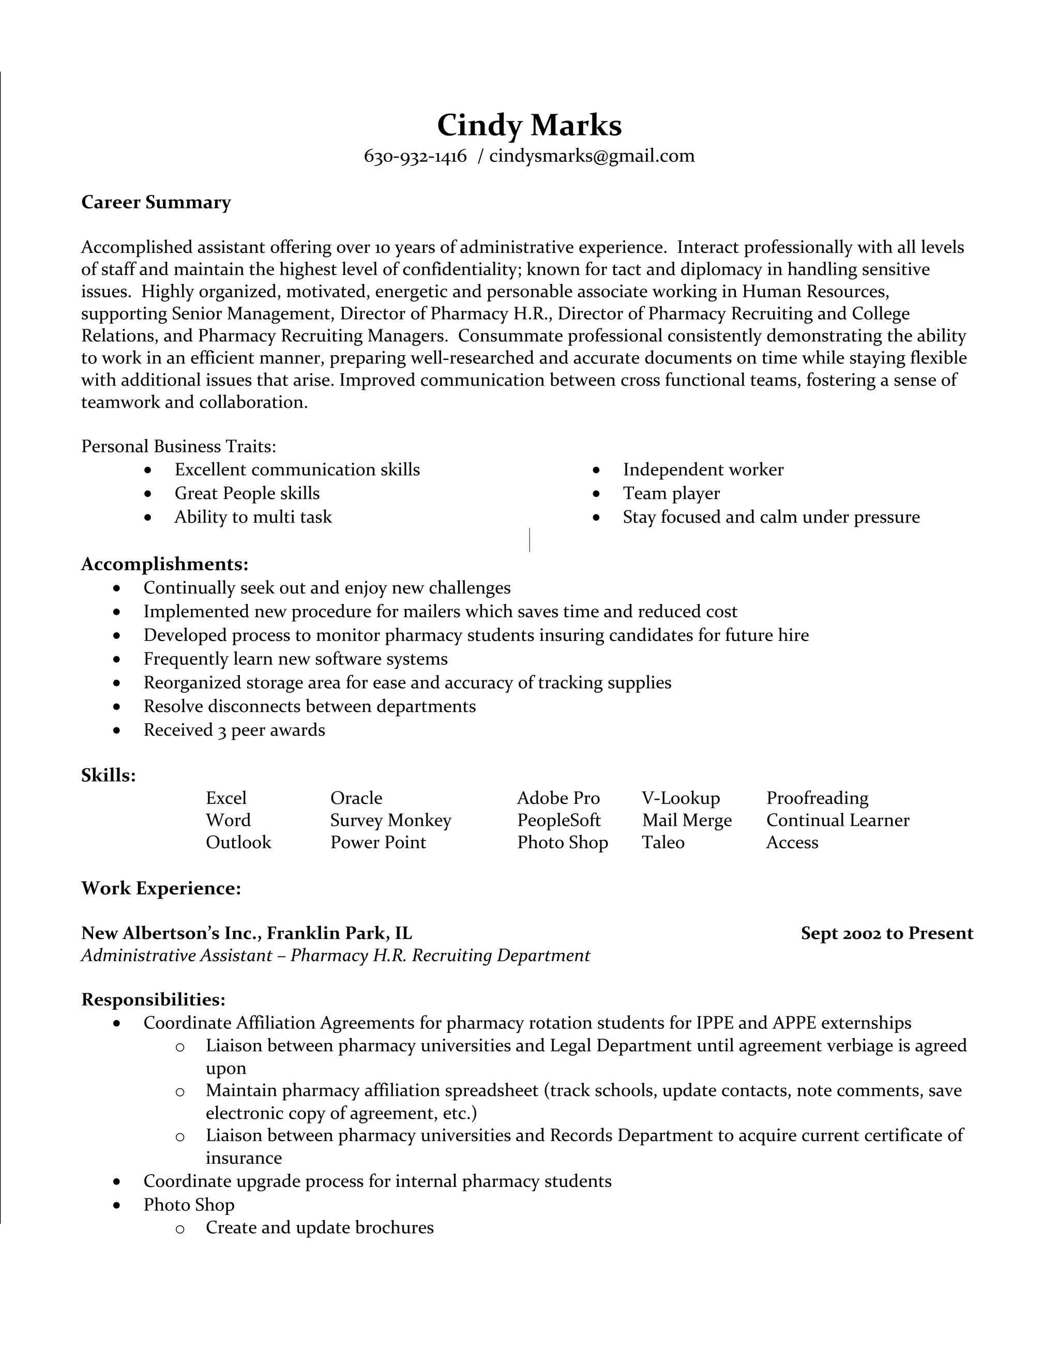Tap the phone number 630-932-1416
[x=415, y=156]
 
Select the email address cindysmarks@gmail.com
[x=592, y=156]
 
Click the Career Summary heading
[x=156, y=202]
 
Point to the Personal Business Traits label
[x=179, y=446]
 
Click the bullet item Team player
[x=671, y=493]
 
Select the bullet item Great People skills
[x=247, y=493]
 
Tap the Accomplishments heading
[x=165, y=564]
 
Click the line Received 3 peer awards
[x=234, y=729]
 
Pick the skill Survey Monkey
[x=390, y=820]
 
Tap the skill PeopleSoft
[x=558, y=820]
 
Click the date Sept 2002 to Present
[x=886, y=933]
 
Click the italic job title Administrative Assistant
[x=176, y=955]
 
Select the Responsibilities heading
[x=153, y=999]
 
